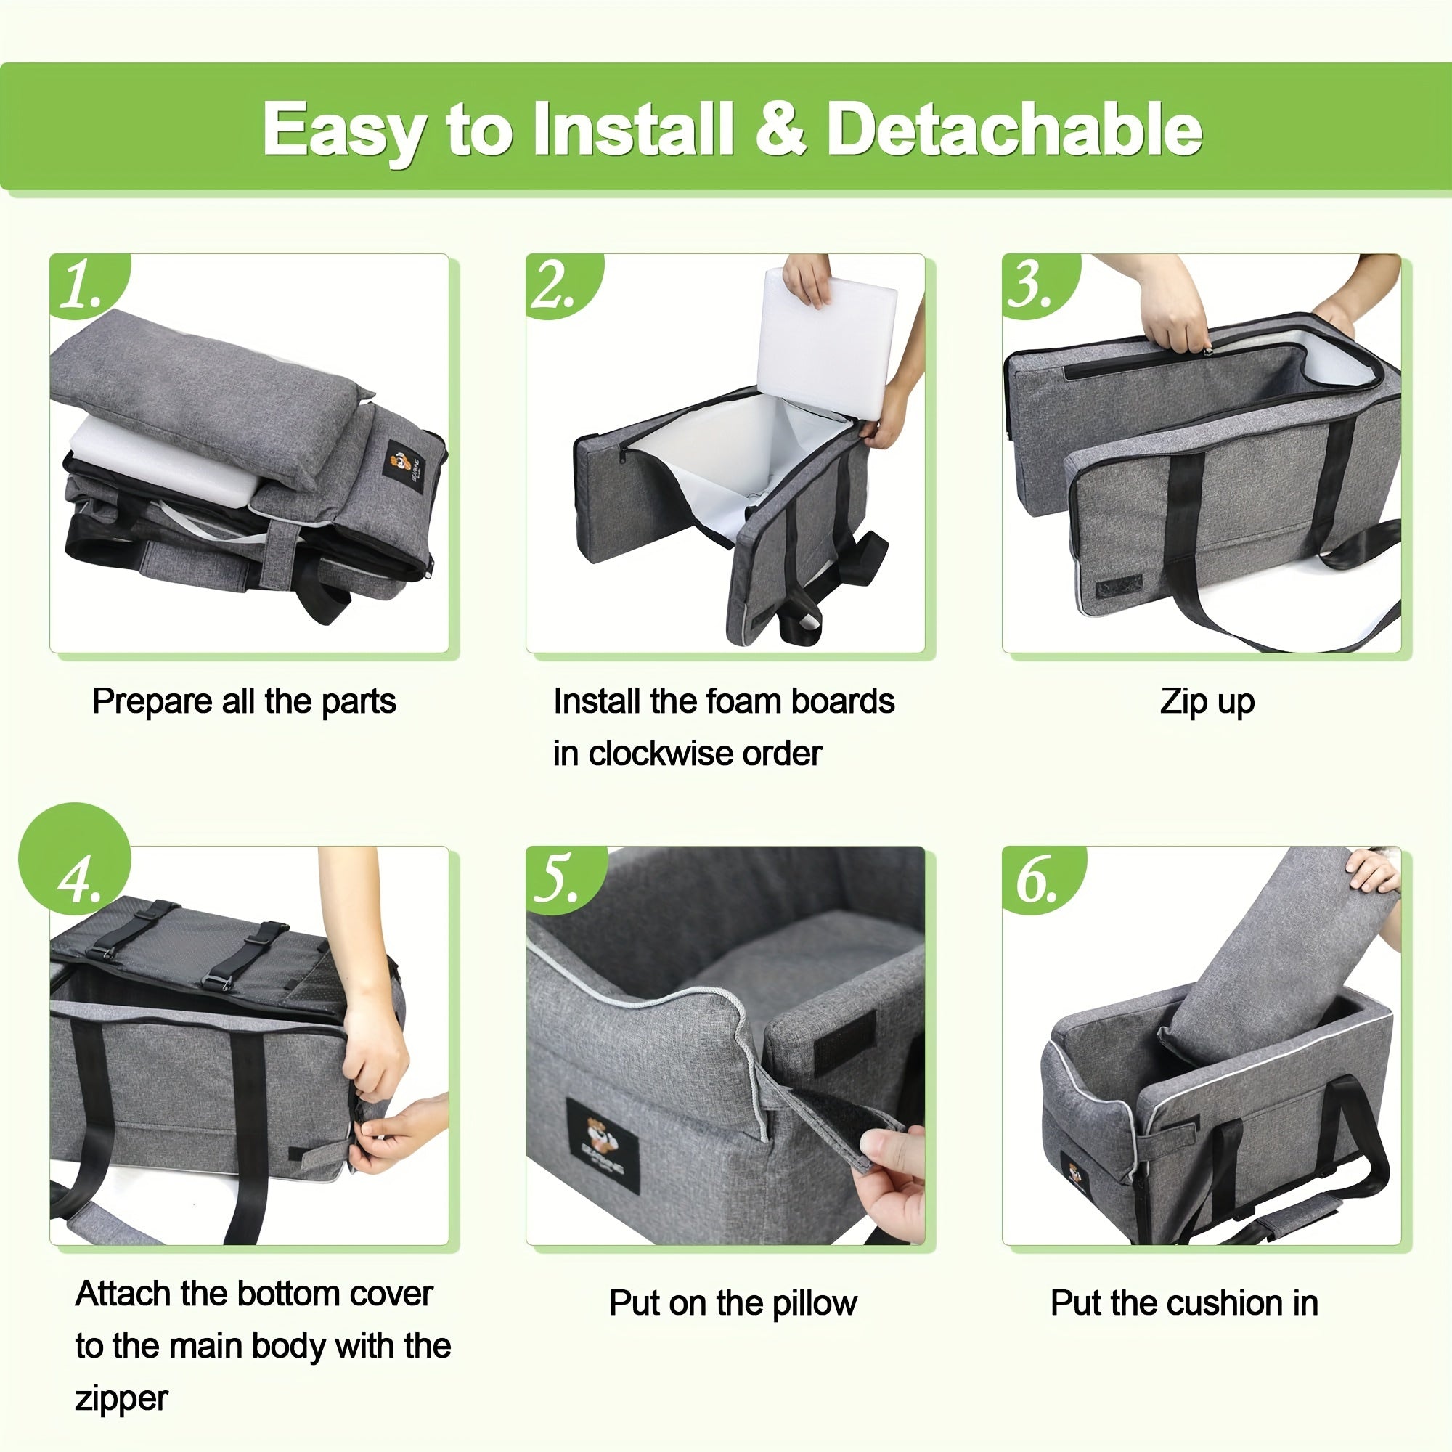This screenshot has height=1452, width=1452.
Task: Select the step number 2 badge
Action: tap(555, 285)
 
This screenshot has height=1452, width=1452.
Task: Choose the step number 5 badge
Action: tap(557, 879)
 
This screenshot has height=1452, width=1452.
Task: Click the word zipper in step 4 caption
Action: tap(121, 1398)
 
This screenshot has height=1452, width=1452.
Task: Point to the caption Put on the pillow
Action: tap(732, 1302)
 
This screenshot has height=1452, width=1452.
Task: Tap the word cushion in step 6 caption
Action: tap(1210, 1302)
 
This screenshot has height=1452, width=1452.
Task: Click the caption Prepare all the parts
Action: tap(243, 702)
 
